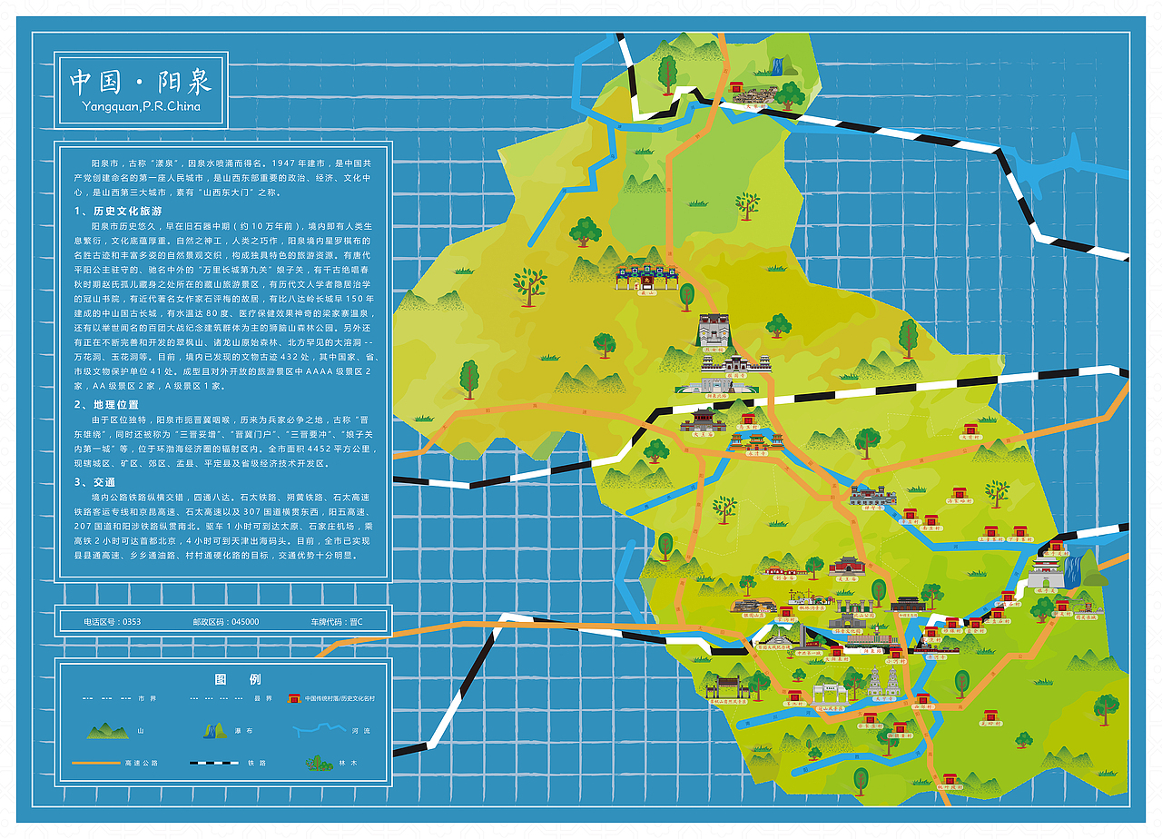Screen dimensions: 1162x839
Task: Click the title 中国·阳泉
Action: coord(141,82)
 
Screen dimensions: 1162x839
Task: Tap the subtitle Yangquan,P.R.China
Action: coord(141,106)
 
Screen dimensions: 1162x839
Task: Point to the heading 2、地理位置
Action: coord(107,405)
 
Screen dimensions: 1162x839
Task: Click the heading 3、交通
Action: coord(95,482)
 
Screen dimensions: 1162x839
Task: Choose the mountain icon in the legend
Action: coord(108,730)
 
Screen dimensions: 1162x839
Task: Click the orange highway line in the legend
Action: coord(95,763)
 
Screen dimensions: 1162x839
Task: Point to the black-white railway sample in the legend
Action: coord(214,763)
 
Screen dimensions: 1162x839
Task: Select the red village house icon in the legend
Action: coord(294,697)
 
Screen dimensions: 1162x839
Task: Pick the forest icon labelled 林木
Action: coord(318,762)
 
